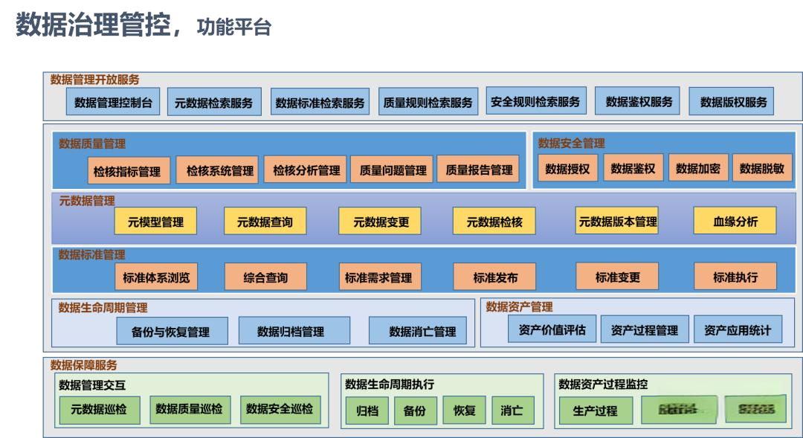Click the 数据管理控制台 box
[113, 103]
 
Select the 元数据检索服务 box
[213, 103]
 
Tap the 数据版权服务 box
[733, 102]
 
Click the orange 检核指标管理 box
[127, 171]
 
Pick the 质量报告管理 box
[479, 170]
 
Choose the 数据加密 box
[697, 169]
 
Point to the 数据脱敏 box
[761, 169]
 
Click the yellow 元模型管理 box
[155, 222]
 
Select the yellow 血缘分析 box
[735, 221]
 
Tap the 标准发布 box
[495, 277]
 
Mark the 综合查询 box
[265, 277]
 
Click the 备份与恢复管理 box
[170, 332]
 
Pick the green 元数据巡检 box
[99, 409]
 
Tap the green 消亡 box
[512, 410]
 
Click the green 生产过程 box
[595, 410]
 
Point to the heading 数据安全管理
[571, 143]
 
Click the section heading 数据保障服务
[83, 365]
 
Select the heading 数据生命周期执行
[389, 384]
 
